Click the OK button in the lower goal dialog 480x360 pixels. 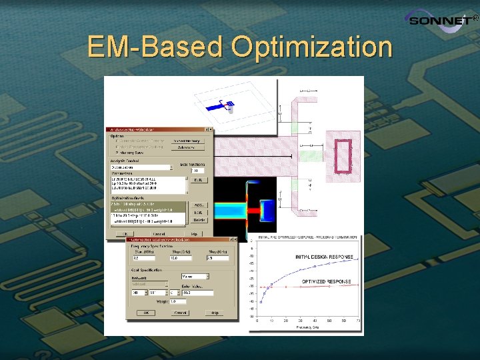[145, 312]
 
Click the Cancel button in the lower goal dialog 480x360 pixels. [181, 312]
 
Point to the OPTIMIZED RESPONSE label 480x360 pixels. [326, 281]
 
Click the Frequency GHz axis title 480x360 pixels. [306, 327]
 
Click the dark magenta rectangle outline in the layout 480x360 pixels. [343, 155]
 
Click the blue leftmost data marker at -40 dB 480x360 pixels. [261, 301]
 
